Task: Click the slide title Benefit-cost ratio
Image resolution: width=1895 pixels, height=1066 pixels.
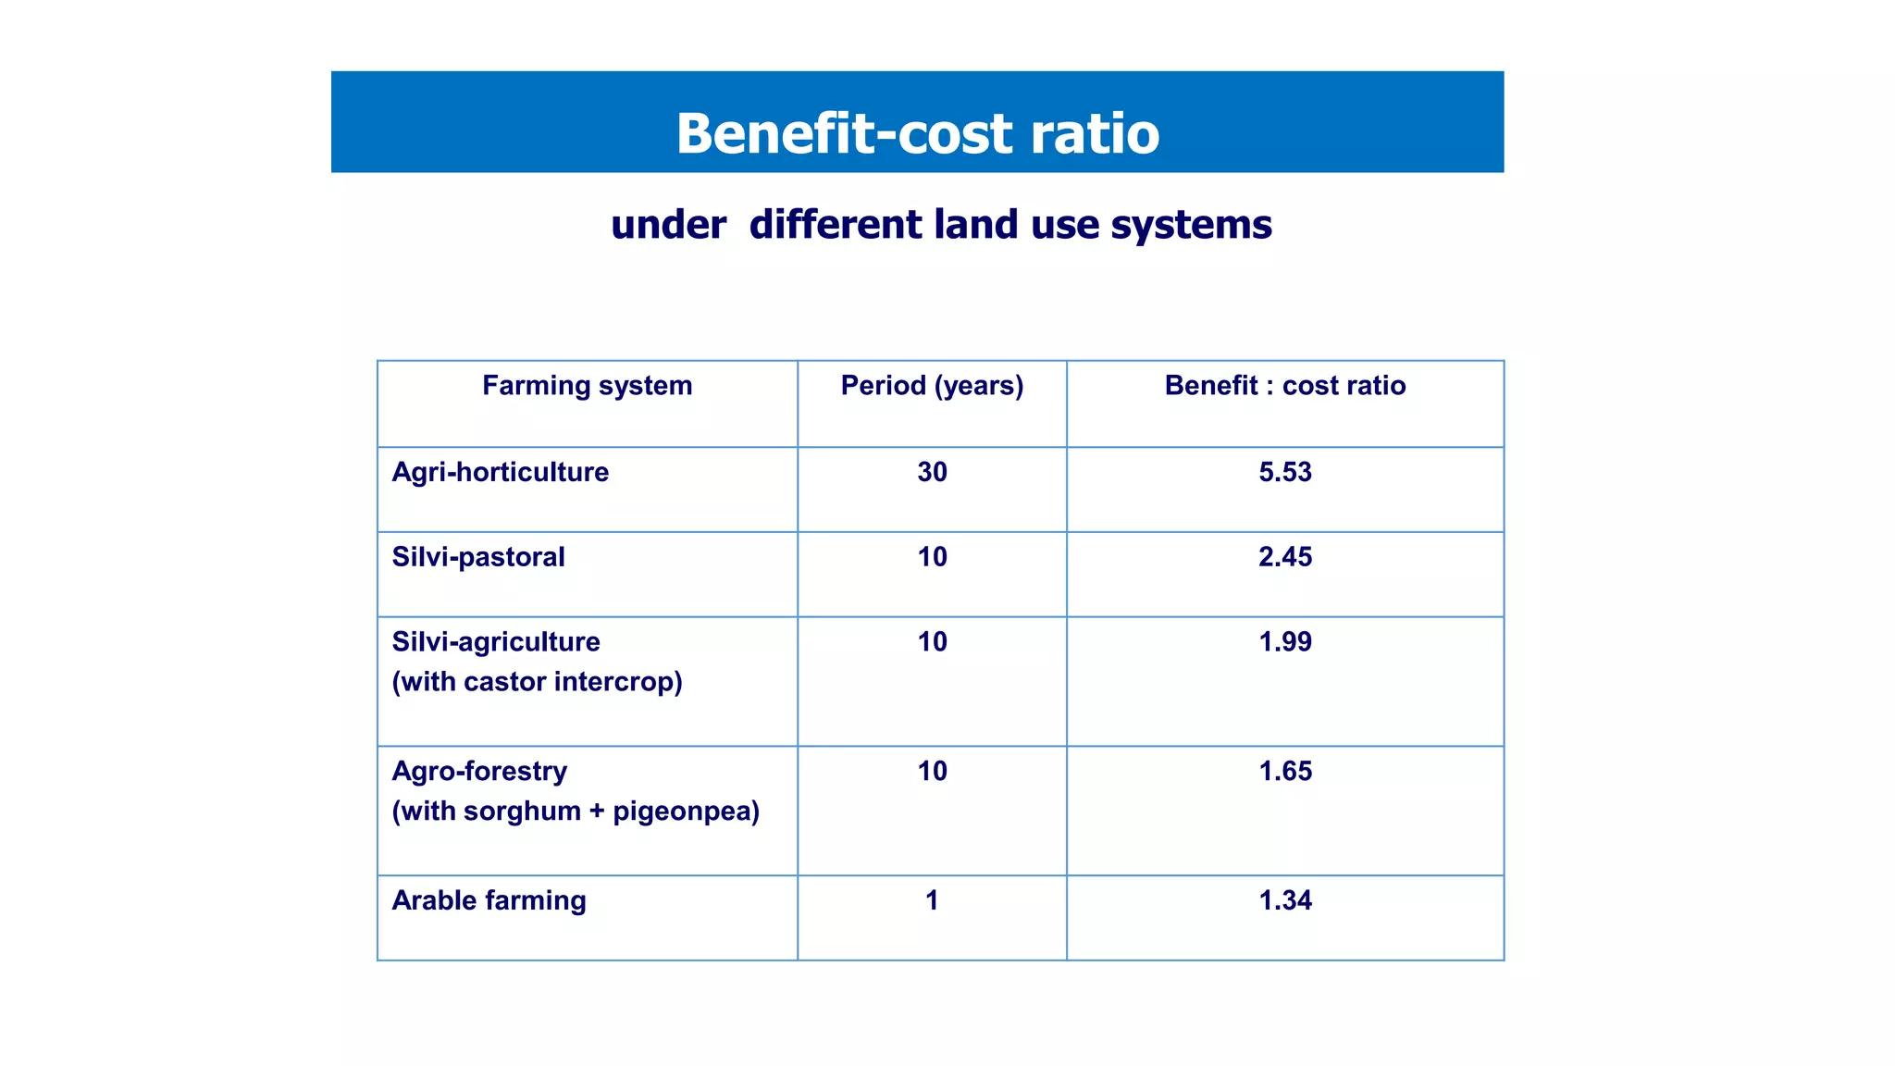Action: (x=917, y=133)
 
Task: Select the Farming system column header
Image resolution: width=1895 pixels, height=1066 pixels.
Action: (x=587, y=386)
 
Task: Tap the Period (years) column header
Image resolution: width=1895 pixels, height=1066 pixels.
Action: (x=932, y=386)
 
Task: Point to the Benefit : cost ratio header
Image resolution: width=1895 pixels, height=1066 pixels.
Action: (x=1284, y=386)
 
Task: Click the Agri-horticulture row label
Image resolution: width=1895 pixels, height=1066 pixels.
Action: (x=500, y=472)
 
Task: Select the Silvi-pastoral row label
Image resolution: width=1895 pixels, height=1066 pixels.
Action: (x=477, y=557)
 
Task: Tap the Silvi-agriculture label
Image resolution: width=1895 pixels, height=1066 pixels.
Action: (x=496, y=642)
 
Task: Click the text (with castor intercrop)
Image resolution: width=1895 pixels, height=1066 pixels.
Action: (x=537, y=682)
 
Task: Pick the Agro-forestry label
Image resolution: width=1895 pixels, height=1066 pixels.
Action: (x=479, y=771)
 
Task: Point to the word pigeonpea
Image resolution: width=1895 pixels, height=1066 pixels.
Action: (x=685, y=812)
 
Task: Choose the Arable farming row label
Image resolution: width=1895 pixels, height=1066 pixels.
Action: (x=489, y=900)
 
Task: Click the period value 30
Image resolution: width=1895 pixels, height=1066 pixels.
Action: (x=932, y=472)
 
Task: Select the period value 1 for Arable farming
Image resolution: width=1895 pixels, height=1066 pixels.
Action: (x=932, y=900)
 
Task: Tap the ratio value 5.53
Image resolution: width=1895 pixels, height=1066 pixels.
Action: (x=1284, y=472)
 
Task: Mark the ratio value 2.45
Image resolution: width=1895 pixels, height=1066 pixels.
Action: (x=1284, y=557)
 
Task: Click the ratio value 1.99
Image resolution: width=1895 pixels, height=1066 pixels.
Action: (x=1284, y=642)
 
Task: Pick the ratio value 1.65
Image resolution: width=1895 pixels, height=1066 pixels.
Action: (x=1284, y=771)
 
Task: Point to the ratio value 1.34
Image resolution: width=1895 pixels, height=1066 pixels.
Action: (x=1284, y=900)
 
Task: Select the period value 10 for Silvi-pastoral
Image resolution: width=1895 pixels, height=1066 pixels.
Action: (x=932, y=557)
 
